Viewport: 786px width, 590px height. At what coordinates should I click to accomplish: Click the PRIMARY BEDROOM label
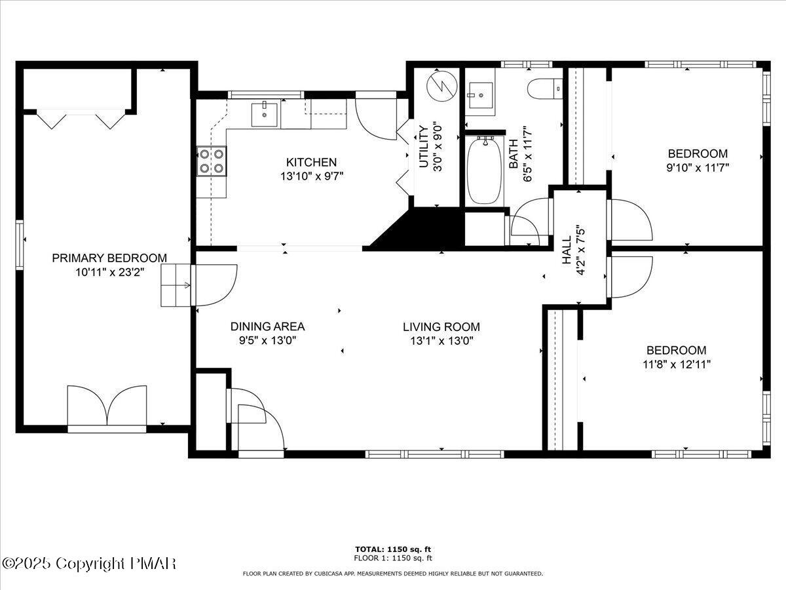pos(109,258)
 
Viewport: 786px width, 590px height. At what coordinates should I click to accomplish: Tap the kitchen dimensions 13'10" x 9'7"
pos(311,176)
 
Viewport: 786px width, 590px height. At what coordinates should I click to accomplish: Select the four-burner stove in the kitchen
pos(212,161)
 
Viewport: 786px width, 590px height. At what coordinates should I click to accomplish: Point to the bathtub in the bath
pos(485,170)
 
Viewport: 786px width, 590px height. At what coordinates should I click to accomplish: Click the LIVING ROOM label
pos(441,326)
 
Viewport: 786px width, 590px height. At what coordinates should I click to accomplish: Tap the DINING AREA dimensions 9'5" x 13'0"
pos(267,340)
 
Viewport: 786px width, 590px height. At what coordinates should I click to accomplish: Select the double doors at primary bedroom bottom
pos(107,406)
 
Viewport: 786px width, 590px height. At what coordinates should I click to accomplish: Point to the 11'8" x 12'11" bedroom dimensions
pos(677,364)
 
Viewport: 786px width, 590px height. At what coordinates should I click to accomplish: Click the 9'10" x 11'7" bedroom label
pos(698,153)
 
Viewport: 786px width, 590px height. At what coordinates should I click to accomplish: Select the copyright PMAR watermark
pos(89,563)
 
